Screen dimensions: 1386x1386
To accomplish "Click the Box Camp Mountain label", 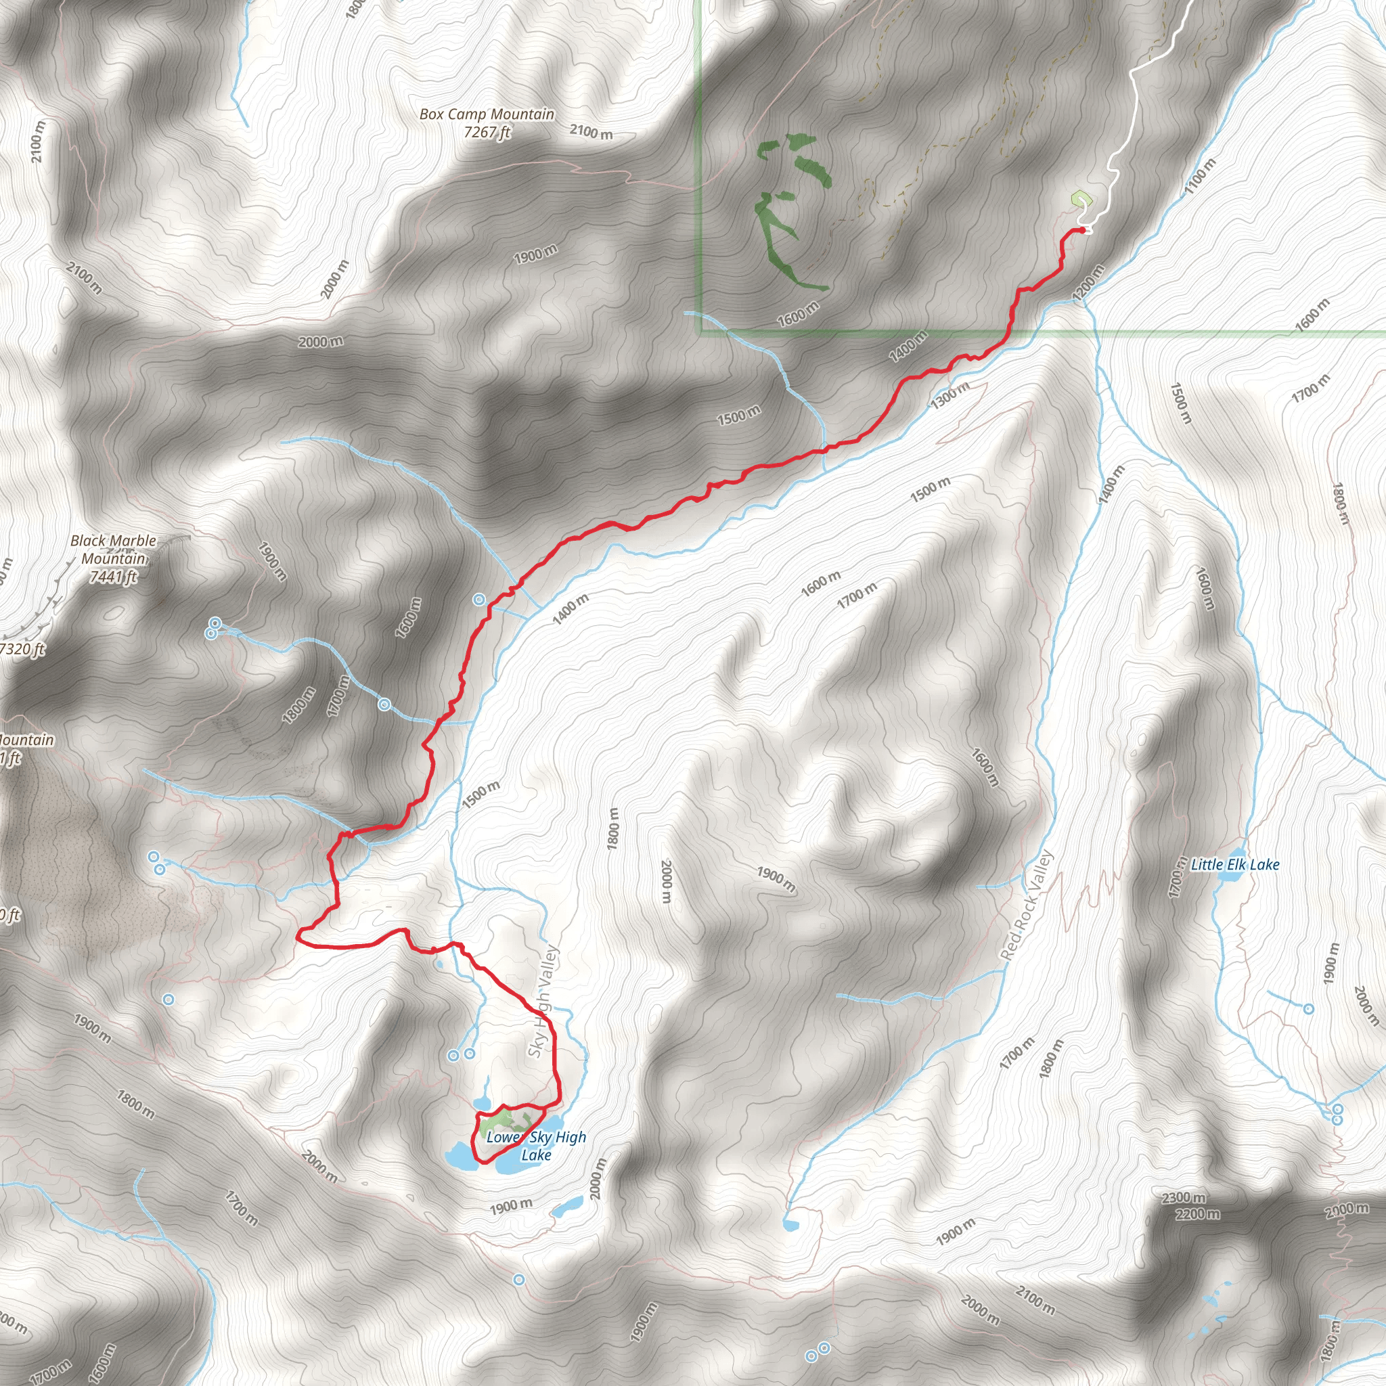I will click(x=487, y=114).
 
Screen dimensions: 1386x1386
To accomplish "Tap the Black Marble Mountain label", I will click(x=113, y=550).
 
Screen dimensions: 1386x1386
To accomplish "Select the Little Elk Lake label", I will click(x=1234, y=864).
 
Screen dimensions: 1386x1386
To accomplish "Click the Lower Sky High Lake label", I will click(x=536, y=1146).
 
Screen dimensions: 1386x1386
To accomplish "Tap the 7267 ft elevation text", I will click(x=487, y=132).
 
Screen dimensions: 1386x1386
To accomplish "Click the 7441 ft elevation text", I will click(x=112, y=577).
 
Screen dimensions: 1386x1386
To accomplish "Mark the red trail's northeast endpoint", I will click(x=1082, y=229).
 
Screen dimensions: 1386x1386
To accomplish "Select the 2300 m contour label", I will click(x=1183, y=1197).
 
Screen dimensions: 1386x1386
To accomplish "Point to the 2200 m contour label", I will click(x=1197, y=1214).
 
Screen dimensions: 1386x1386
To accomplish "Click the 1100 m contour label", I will click(x=1200, y=176).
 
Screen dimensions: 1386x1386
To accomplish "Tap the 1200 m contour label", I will click(x=1088, y=283).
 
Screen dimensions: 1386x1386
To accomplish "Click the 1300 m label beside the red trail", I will click(x=949, y=395).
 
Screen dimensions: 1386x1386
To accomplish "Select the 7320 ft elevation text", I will click(x=22, y=649).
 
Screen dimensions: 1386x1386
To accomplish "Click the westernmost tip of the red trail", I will click(x=298, y=934).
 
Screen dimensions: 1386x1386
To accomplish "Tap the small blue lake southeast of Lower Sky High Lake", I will click(x=567, y=1206).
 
